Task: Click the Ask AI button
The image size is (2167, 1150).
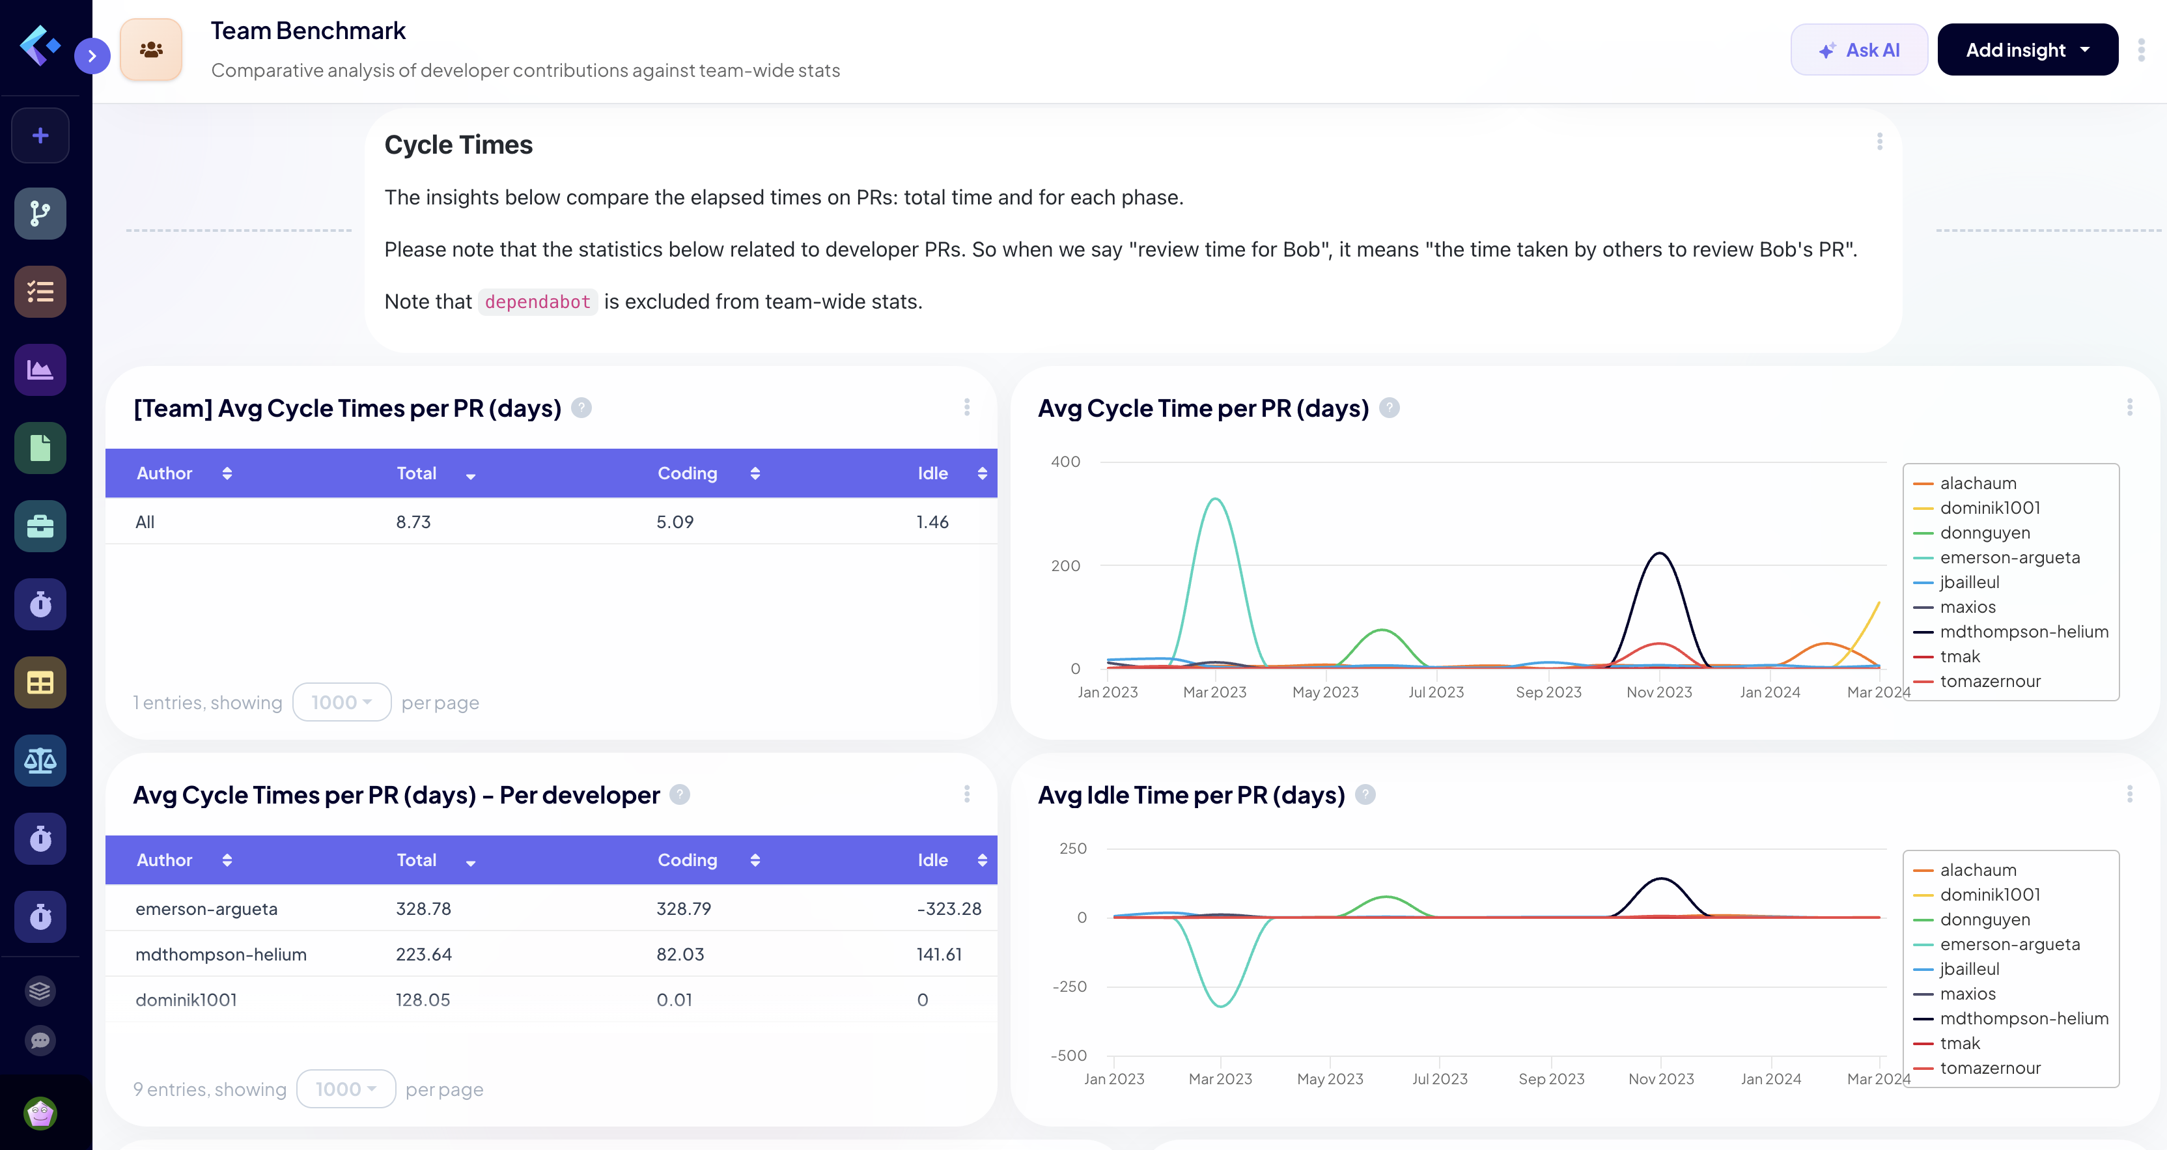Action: tap(1858, 51)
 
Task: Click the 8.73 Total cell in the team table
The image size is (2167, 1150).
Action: tap(413, 522)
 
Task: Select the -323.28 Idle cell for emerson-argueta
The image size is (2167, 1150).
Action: tap(948, 908)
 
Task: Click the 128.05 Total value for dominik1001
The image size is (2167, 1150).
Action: tap(423, 1000)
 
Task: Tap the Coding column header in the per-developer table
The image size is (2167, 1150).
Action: tap(688, 860)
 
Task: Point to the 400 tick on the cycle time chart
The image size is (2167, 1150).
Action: tap(1065, 462)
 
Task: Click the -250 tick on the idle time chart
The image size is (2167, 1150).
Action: tap(1069, 986)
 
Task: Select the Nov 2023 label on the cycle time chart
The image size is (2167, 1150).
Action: tap(1659, 692)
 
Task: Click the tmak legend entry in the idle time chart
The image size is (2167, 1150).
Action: tap(1959, 1043)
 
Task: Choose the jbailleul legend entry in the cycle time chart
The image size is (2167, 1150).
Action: tap(1969, 582)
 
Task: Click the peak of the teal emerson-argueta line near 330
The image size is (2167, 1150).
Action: tap(1215, 499)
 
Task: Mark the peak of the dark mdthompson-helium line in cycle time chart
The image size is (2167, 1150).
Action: tap(1659, 554)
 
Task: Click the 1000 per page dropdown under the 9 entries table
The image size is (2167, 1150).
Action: tap(345, 1089)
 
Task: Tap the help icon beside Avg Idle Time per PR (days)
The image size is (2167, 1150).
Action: tap(1365, 794)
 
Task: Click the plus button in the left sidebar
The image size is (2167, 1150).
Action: tap(40, 135)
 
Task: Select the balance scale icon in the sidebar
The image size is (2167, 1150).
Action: tap(40, 761)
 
